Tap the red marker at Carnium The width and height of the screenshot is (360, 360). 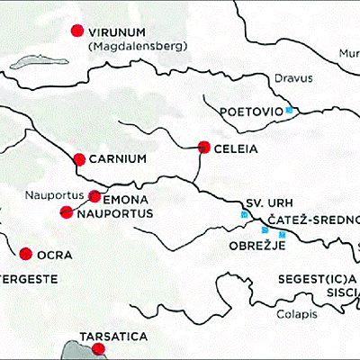tap(79, 159)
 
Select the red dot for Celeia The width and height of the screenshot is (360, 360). tap(203, 147)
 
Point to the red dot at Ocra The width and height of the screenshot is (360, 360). tap(26, 254)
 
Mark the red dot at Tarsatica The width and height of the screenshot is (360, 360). tap(99, 348)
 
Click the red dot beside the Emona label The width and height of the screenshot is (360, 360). tap(95, 196)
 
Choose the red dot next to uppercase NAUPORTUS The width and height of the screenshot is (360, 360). tap(66, 212)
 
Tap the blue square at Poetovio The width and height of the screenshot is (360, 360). tap(289, 111)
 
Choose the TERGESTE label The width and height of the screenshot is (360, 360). tap(28, 280)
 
